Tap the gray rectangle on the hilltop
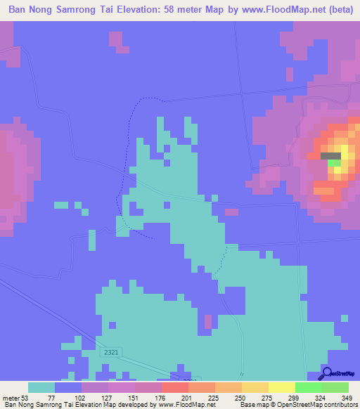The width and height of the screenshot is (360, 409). (330, 156)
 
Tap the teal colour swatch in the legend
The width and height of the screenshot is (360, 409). (41, 388)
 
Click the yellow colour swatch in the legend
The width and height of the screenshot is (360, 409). (282, 388)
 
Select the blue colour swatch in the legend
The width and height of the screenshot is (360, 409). (68, 388)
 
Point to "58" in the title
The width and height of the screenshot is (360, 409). (178, 10)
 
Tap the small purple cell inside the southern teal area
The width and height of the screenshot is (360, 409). (208, 322)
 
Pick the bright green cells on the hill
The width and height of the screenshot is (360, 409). (335, 163)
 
